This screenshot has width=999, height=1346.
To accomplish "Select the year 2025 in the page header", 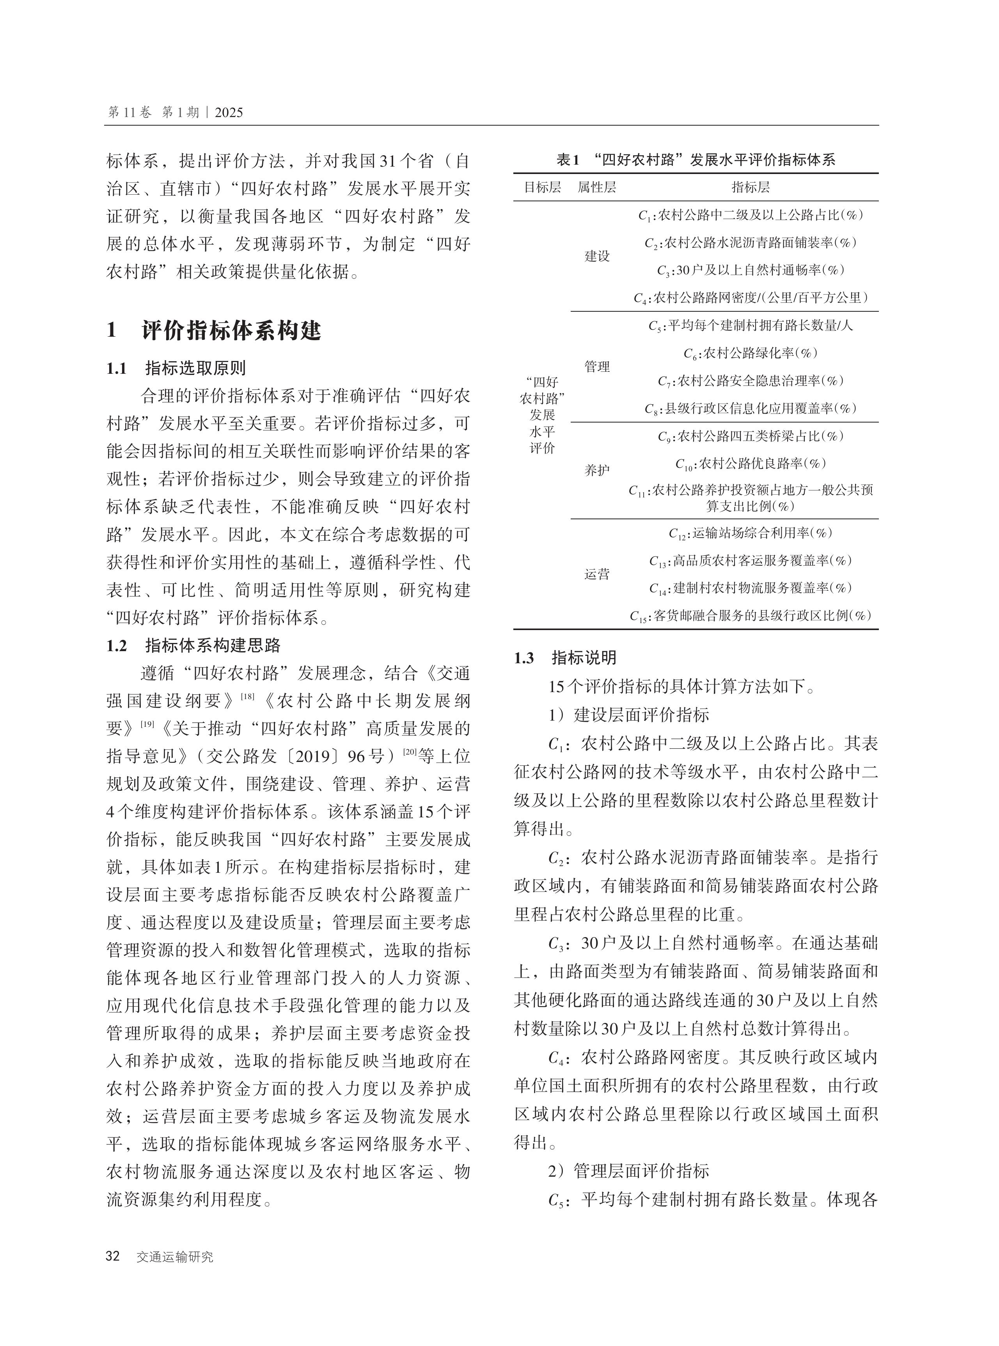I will pyautogui.click(x=229, y=112).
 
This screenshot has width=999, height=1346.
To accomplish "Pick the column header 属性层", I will pyautogui.click(x=596, y=187).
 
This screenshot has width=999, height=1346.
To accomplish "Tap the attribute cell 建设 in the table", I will pyautogui.click(x=596, y=256).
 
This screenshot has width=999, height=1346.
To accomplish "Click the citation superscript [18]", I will pyautogui.click(x=247, y=696).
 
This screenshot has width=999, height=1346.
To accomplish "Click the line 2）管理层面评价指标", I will pyautogui.click(x=628, y=1171).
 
